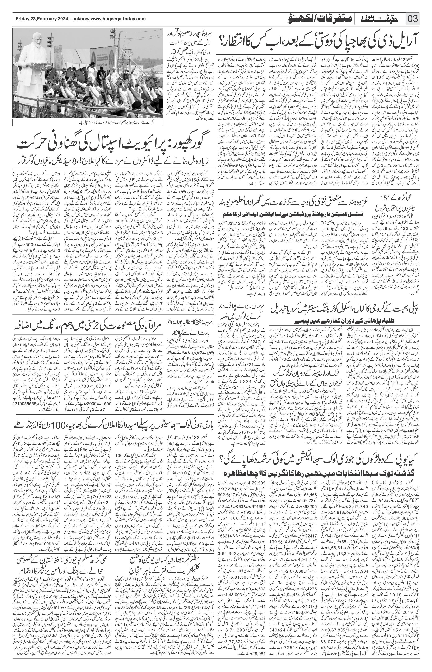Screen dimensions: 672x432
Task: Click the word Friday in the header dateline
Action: [x=22, y=19]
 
